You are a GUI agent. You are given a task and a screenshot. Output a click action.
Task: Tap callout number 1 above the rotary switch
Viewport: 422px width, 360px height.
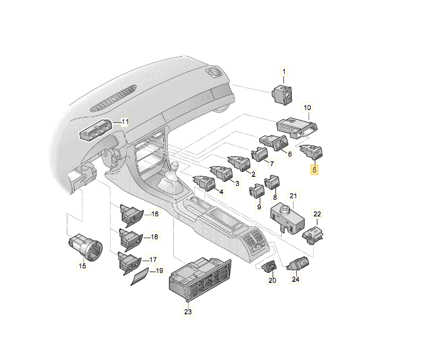284,71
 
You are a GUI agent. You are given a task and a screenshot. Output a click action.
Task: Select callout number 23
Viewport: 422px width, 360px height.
188,311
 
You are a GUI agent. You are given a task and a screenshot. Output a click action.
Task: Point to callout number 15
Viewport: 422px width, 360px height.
82,266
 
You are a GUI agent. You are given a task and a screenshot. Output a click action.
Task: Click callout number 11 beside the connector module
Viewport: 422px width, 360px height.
125,122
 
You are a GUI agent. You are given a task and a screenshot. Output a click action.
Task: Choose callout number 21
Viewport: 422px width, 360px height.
292,195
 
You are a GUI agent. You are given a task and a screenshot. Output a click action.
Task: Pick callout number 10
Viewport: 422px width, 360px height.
307,107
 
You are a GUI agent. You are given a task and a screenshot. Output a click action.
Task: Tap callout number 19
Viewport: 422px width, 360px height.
159,271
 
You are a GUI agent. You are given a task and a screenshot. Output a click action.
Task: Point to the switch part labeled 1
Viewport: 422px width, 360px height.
282,94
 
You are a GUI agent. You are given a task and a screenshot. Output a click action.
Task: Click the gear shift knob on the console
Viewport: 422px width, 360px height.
176,167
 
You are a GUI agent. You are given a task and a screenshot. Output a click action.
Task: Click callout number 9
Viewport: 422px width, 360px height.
259,207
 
